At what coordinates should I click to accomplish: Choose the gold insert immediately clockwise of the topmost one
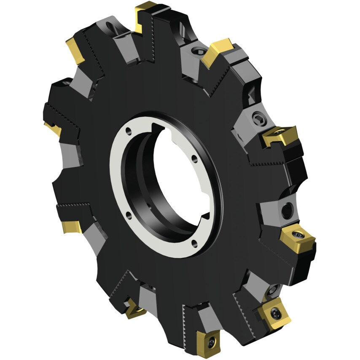point(217,52)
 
